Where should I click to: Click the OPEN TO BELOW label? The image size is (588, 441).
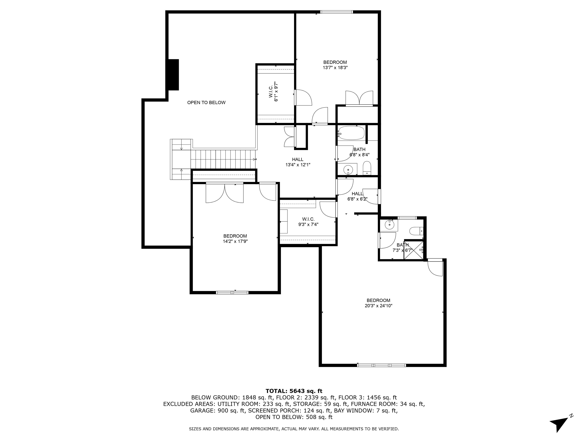[206, 103]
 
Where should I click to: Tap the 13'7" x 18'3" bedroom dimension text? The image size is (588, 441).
[335, 68]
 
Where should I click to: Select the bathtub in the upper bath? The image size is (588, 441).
[351, 133]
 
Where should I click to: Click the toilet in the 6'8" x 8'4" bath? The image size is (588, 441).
[367, 168]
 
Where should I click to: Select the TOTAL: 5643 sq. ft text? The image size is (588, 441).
[294, 391]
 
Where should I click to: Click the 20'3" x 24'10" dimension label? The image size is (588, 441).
[378, 306]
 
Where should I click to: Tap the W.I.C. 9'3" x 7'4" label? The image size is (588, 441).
[308, 222]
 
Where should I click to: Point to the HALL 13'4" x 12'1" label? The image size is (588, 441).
[298, 162]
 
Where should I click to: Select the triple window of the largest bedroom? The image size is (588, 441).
[381, 365]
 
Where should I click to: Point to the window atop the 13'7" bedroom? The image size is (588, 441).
[336, 12]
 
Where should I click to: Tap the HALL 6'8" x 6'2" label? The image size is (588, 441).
[357, 196]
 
